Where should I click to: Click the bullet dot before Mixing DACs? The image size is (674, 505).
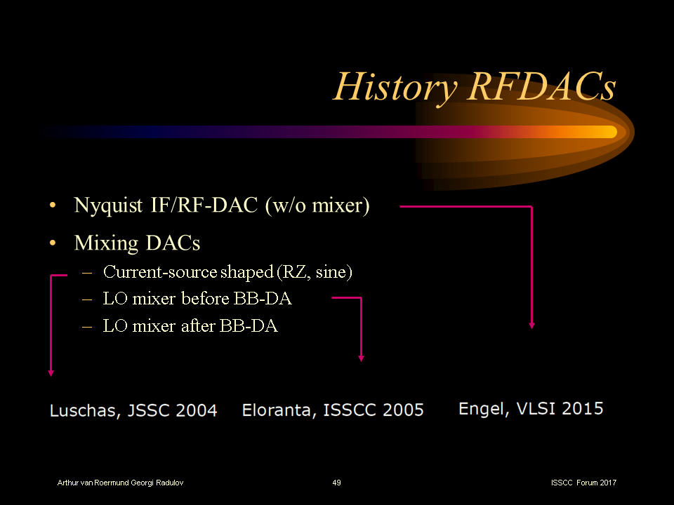tap(53, 243)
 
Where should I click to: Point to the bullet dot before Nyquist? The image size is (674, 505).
tap(53, 206)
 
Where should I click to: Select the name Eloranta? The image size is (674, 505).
tap(279, 410)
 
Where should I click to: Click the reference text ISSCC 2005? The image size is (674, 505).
tap(374, 410)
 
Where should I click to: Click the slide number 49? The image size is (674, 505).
tap(336, 483)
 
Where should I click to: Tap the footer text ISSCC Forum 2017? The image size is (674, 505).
tap(584, 483)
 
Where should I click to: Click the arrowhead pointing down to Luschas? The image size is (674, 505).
tap(51, 373)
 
